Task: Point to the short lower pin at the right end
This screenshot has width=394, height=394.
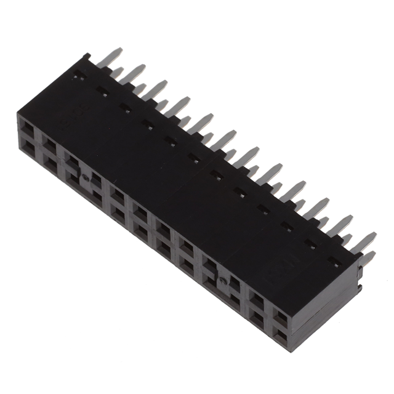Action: click(x=369, y=259)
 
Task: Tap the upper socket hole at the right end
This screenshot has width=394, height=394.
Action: click(x=280, y=318)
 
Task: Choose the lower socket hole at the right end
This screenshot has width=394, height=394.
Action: click(x=279, y=336)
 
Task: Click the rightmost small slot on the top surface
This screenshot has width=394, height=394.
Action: click(x=334, y=264)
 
